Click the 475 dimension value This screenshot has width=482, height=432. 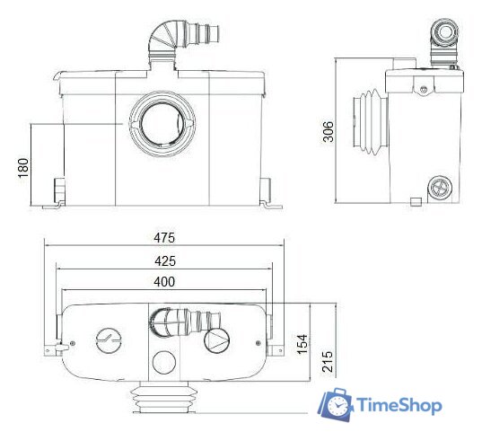(164, 238)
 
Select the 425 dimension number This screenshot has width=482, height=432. (165, 261)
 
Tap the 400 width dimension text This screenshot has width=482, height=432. (164, 282)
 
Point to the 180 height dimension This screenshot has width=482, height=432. (23, 168)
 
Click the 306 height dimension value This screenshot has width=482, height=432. (328, 132)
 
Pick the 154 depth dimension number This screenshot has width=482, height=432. (302, 344)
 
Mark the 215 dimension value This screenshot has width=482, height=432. (328, 362)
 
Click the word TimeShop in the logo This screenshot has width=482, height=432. (399, 405)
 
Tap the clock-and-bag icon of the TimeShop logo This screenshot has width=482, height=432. (336, 404)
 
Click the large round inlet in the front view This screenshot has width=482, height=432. (162, 124)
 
